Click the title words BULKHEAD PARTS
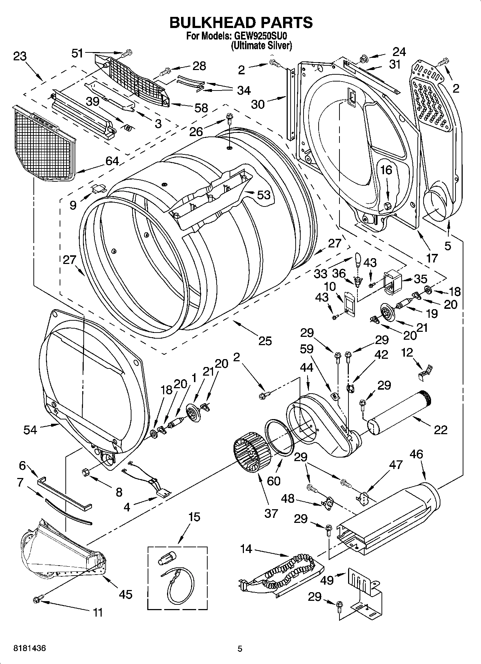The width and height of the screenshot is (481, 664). pyautogui.click(x=240, y=22)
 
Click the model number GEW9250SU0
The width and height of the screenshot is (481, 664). pyautogui.click(x=261, y=36)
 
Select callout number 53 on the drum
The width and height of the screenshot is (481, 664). pyautogui.click(x=264, y=195)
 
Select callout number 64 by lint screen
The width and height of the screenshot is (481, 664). pyautogui.click(x=112, y=161)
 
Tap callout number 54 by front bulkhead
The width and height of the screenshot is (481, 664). pyautogui.click(x=30, y=429)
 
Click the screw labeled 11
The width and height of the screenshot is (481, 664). pyautogui.click(x=37, y=599)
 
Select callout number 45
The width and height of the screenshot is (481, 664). pyautogui.click(x=125, y=594)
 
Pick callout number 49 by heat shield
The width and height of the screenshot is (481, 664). pyautogui.click(x=327, y=580)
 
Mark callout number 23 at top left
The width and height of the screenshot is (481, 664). pyautogui.click(x=20, y=56)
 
